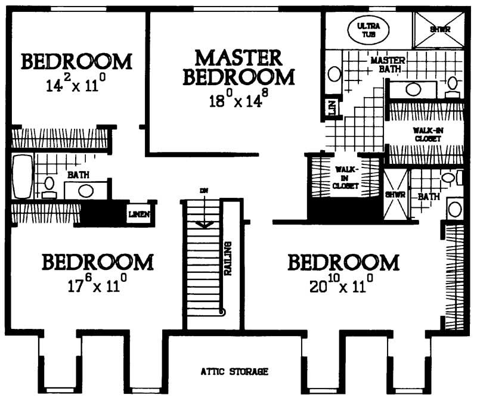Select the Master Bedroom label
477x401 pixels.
click(238, 68)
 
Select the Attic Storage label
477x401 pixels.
click(234, 372)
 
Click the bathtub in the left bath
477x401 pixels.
click(21, 177)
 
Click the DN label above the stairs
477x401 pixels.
click(204, 191)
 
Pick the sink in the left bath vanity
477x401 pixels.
click(86, 191)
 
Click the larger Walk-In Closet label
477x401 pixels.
click(426, 134)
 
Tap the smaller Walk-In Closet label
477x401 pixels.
click(345, 177)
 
